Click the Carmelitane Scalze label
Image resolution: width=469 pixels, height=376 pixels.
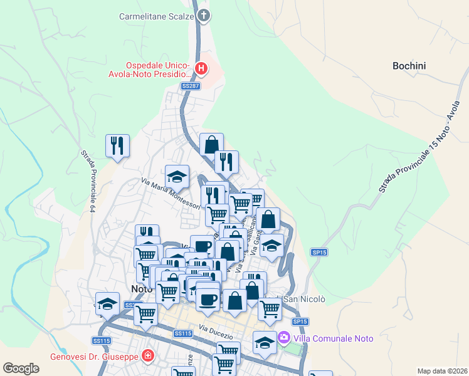point(157,16)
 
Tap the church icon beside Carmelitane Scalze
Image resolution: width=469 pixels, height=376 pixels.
point(203,16)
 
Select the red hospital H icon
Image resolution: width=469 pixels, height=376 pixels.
point(201,68)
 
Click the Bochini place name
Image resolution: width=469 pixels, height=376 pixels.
point(409,65)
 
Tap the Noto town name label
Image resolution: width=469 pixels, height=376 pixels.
point(142,289)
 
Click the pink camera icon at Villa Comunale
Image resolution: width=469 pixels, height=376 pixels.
point(284,338)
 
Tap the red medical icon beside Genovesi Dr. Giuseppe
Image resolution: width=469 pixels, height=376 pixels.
point(147,357)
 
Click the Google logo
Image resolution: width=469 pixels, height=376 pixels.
point(21,368)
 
